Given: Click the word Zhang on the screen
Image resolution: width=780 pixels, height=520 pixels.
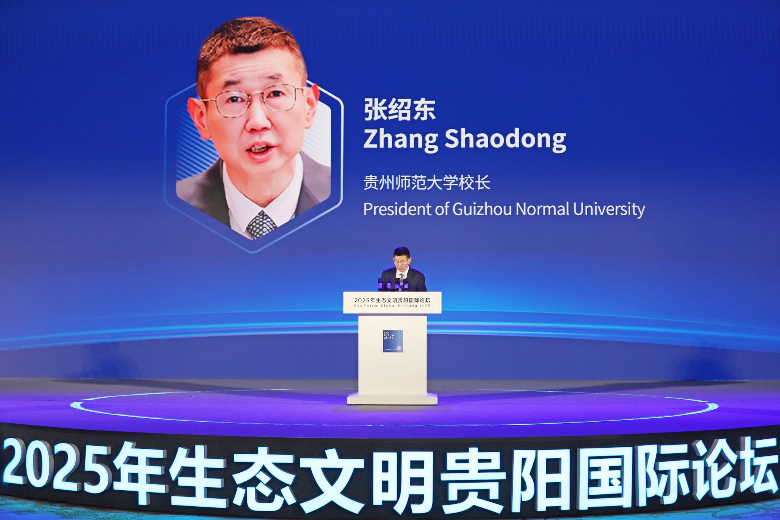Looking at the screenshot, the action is pos(401,139).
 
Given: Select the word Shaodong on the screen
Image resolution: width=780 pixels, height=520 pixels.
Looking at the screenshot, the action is pos(505,139).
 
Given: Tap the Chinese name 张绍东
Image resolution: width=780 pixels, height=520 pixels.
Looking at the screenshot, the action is pos(400,110).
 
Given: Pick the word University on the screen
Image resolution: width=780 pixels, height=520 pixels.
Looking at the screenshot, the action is pos(609,210).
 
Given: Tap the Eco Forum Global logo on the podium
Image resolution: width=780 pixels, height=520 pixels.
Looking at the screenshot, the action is pos(393,341).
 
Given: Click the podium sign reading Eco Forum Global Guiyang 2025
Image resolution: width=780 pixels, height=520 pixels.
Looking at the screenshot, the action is pos(392,302).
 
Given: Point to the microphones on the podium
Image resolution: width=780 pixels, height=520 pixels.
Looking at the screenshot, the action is pos(393,284).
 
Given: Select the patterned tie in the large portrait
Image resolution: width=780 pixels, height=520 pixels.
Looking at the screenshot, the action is pos(261,224).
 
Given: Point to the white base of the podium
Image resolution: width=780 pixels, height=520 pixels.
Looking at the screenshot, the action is pos(392,398).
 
